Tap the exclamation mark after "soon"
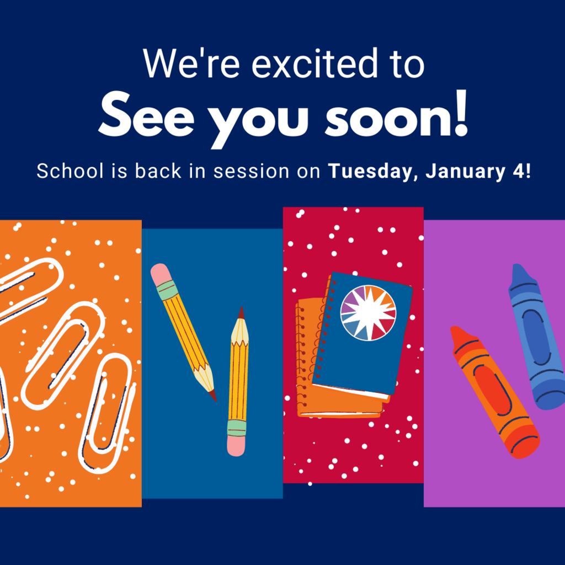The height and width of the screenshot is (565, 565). (x=461, y=113)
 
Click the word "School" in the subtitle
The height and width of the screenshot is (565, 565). (x=70, y=171)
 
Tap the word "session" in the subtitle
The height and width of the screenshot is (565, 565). (x=251, y=171)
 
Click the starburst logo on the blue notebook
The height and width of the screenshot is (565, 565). (x=368, y=313)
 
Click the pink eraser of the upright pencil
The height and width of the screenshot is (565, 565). (x=236, y=446)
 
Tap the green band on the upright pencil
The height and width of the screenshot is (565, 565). (x=237, y=428)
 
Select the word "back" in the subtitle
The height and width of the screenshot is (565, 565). (x=158, y=171)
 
